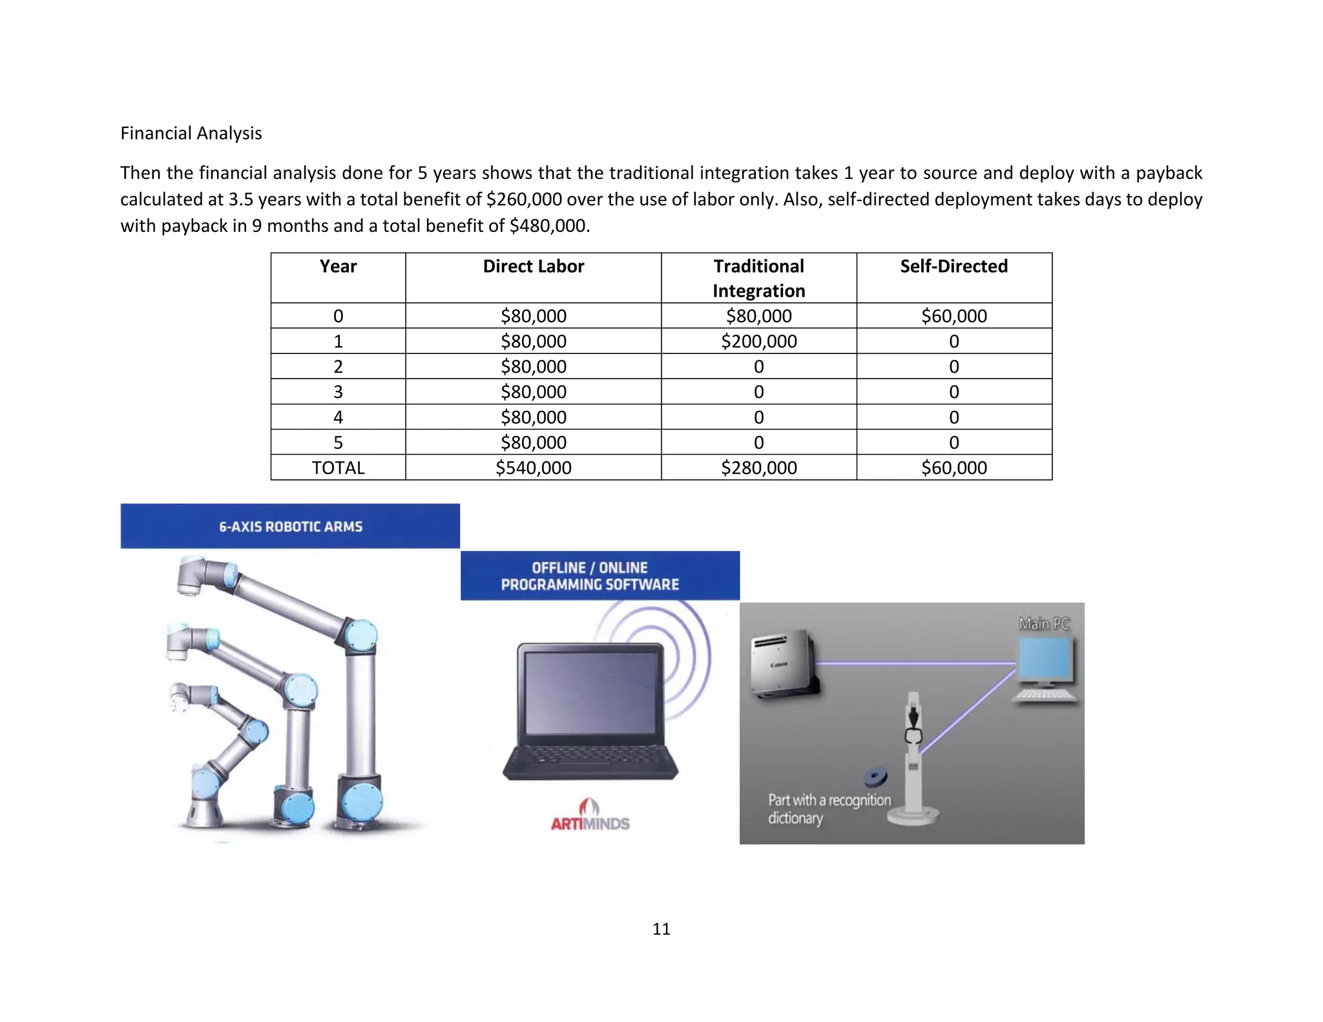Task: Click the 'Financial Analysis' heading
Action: click(x=191, y=133)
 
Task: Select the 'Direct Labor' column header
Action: click(x=533, y=266)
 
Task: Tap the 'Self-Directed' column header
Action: click(x=953, y=266)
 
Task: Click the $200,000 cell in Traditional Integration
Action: click(x=758, y=341)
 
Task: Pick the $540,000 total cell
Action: click(x=533, y=468)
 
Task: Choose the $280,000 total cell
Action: click(x=758, y=468)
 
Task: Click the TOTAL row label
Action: click(x=338, y=468)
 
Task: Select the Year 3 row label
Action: click(x=338, y=392)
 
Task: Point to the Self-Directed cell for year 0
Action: click(x=953, y=316)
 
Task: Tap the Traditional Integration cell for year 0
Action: click(x=758, y=316)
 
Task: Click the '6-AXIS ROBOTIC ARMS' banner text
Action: click(x=290, y=527)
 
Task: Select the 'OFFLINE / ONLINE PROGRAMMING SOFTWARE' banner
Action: click(x=590, y=576)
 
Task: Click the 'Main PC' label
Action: click(x=1044, y=623)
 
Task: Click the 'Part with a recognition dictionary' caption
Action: click(x=828, y=809)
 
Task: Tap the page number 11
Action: click(x=661, y=929)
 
